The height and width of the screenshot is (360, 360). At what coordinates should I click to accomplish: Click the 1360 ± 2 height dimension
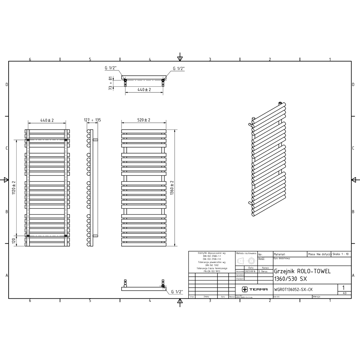pyautogui.click(x=172, y=188)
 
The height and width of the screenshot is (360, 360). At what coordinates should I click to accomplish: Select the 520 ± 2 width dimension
pyautogui.click(x=143, y=120)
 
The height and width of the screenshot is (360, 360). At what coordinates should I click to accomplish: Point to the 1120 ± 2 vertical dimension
pyautogui.click(x=14, y=187)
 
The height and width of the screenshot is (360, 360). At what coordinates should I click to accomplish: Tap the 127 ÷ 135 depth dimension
pyautogui.click(x=92, y=120)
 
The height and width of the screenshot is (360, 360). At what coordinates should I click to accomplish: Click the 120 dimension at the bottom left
pyautogui.click(x=14, y=240)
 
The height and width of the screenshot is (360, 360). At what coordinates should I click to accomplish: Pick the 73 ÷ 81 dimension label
pyautogui.click(x=111, y=83)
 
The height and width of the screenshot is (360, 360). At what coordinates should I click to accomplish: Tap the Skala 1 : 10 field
pyautogui.click(x=341, y=254)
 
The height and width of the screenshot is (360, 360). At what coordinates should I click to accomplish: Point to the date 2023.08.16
pyautogui.click(x=250, y=271)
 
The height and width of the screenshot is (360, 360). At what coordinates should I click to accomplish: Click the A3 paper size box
pyautogui.click(x=345, y=293)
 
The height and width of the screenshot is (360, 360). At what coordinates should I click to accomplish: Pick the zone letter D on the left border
pyautogui.click(x=6, y=85)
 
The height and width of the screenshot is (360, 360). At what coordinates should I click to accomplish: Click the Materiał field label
pyautogui.click(x=280, y=254)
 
